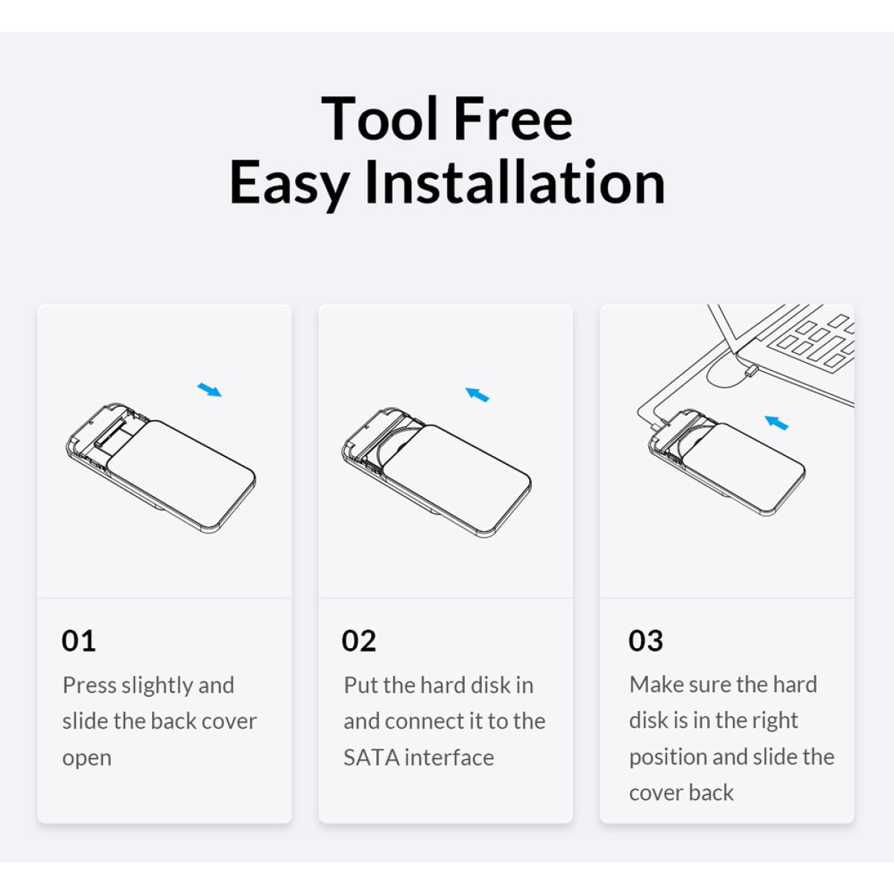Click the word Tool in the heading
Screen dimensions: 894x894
379,118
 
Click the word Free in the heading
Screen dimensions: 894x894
513,118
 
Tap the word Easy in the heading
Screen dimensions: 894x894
289,183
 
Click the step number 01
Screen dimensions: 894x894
78,641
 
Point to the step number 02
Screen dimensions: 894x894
358,641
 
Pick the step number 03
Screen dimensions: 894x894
645,641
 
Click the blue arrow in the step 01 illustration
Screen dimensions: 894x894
209,390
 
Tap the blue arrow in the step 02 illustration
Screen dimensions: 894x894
478,394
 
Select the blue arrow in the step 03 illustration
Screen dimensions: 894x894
776,422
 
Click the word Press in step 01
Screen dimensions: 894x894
89,685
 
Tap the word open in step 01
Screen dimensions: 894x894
86,759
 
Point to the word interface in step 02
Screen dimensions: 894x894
449,758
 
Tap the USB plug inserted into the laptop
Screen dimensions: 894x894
751,371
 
